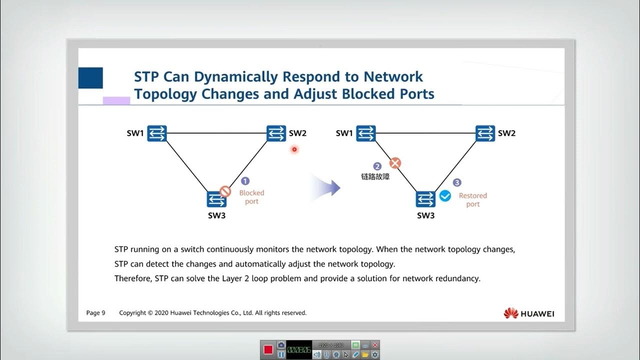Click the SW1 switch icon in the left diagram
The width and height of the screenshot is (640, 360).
pyautogui.click(x=156, y=133)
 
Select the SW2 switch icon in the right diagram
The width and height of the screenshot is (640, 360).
pyautogui.click(x=485, y=133)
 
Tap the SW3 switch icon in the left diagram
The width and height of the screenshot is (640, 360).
pyautogui.click(x=216, y=199)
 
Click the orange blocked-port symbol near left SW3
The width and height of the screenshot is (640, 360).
pyautogui.click(x=225, y=191)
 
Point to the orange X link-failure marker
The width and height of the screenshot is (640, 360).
pyautogui.click(x=395, y=163)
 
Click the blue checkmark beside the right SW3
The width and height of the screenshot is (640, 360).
pyautogui.click(x=444, y=196)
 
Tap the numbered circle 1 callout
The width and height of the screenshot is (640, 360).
pyautogui.click(x=245, y=181)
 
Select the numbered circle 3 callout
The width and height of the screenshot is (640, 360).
pyautogui.click(x=456, y=183)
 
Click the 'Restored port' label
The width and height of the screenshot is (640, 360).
pyautogui.click(x=472, y=200)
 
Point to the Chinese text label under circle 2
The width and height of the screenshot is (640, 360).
pyautogui.click(x=375, y=176)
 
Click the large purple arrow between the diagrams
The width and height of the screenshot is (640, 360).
pyautogui.click(x=327, y=188)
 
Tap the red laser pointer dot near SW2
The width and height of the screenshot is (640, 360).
pyautogui.click(x=294, y=149)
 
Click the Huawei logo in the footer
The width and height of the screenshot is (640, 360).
pyautogui.click(x=528, y=313)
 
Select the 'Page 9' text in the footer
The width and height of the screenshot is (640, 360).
pyautogui.click(x=95, y=313)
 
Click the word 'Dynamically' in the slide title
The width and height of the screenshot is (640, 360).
pyautogui.click(x=236, y=77)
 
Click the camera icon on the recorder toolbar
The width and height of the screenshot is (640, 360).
pyautogui.click(x=281, y=345)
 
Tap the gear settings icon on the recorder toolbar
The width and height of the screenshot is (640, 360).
pyautogui.click(x=374, y=354)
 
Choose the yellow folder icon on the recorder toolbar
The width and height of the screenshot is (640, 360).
pyautogui.click(x=365, y=354)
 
